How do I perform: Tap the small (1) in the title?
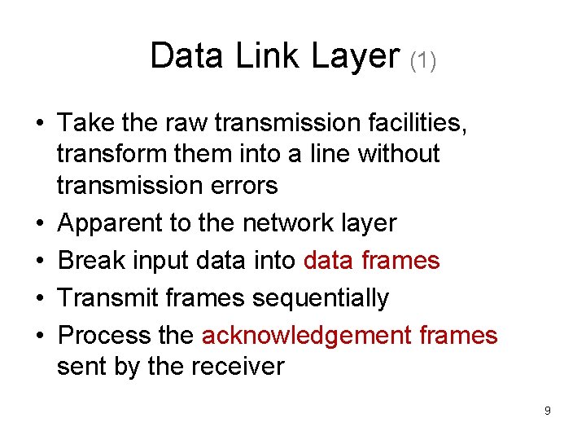pyautogui.click(x=422, y=60)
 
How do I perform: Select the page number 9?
pyautogui.click(x=548, y=411)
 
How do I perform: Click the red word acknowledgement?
pyautogui.click(x=305, y=336)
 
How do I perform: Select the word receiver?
pyautogui.click(x=240, y=366)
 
